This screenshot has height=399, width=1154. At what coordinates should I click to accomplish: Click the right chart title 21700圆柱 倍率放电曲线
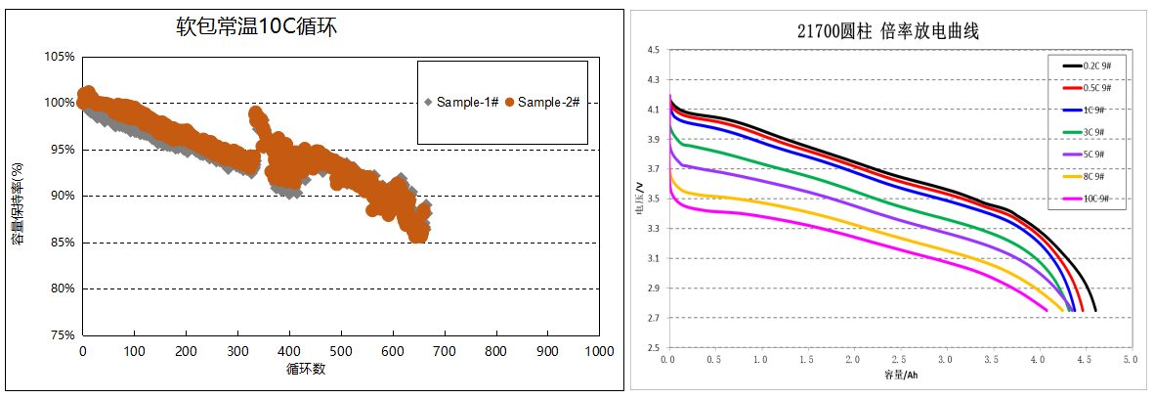click(888, 31)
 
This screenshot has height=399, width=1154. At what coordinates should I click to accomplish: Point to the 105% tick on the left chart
click(61, 57)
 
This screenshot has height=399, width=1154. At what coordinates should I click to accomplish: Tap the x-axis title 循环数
click(305, 370)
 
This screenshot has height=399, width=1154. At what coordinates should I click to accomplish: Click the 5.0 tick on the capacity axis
click(1131, 361)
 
